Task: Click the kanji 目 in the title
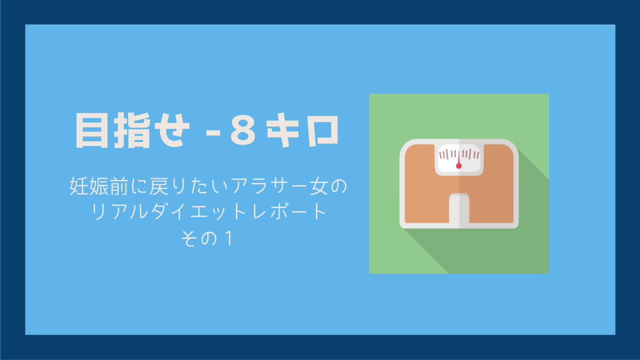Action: (x=92, y=130)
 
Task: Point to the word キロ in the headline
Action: (x=303, y=130)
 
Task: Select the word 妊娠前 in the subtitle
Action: (x=99, y=186)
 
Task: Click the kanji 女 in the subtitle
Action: (x=317, y=186)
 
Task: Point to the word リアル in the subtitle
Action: (x=120, y=211)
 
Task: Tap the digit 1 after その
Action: (x=228, y=238)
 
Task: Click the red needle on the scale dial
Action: (x=459, y=159)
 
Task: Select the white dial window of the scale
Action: (x=459, y=158)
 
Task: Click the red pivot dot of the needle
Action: (x=459, y=165)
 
